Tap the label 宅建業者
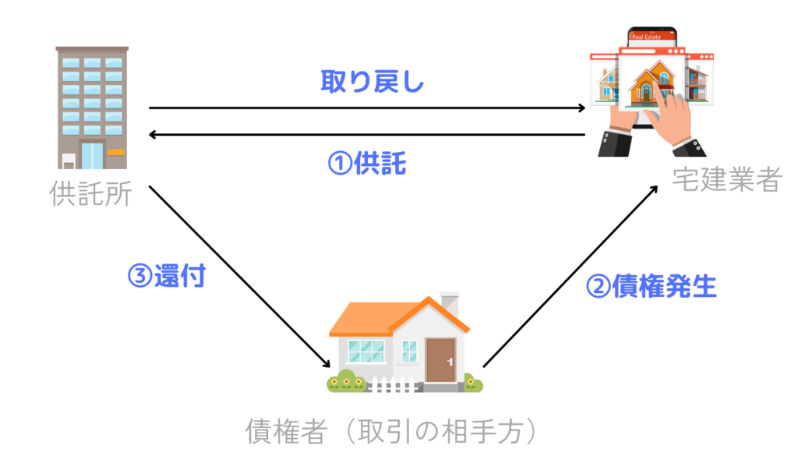coord(727,180)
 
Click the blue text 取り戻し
coord(373,81)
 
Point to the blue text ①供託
coord(366,164)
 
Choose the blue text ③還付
coord(166,277)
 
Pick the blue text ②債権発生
coord(651,287)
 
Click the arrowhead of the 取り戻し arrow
coord(581,108)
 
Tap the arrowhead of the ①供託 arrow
coord(154,135)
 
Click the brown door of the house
coord(440,360)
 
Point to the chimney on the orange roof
coord(450,303)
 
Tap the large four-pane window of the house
coord(366,350)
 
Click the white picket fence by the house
coord(394,384)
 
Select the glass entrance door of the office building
coord(92,154)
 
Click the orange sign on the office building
coord(116,151)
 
